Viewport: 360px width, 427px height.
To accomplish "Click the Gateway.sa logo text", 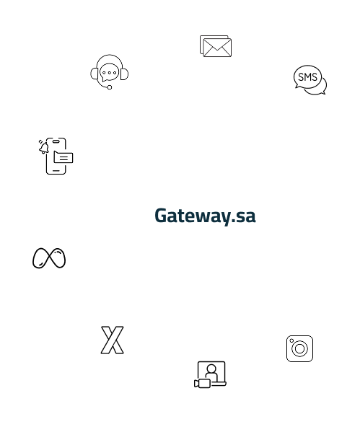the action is point(205,216).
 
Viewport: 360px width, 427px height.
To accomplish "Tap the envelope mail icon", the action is point(216,46).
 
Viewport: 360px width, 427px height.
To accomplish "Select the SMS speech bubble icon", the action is point(310,80).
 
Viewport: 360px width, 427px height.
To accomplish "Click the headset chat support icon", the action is point(110,72).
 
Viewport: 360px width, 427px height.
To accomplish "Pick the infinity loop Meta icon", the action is point(49,258).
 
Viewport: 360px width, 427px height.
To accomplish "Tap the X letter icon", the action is point(113,340).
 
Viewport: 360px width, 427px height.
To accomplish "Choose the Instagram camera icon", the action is point(299,348).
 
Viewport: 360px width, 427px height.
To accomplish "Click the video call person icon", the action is point(210,374).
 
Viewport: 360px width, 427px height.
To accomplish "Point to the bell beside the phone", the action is point(43,148).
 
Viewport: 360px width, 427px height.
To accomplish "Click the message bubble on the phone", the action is point(63,157).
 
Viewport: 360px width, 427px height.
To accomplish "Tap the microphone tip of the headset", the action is point(110,87).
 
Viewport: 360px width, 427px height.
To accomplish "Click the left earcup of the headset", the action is point(95,74).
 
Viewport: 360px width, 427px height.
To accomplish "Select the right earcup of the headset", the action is point(124,74).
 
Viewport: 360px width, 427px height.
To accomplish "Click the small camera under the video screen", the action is point(202,384).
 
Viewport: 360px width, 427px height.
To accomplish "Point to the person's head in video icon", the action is point(211,369).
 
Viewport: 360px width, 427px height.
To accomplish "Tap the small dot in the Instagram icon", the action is point(291,340).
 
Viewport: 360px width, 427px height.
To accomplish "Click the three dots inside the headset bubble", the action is point(110,73).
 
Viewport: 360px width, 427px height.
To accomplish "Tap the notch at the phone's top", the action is point(56,141).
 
